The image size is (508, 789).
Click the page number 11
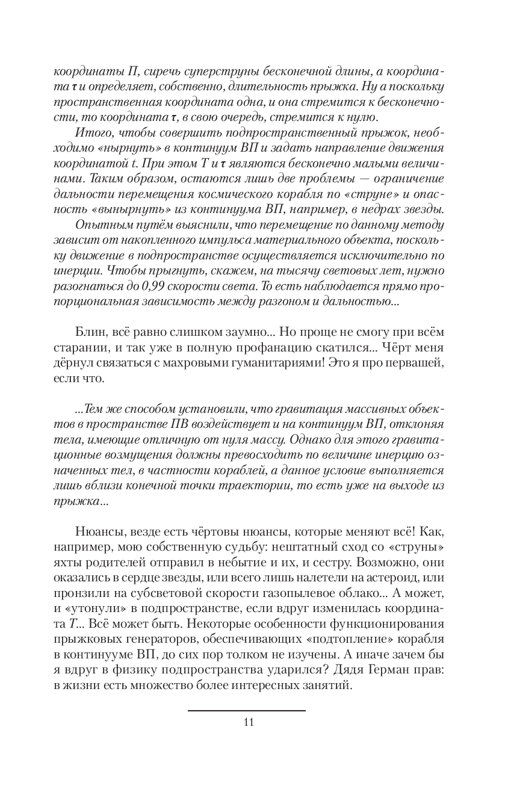pos(249,722)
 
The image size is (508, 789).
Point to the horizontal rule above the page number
pos(246,711)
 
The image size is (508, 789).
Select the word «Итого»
pos(90,132)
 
